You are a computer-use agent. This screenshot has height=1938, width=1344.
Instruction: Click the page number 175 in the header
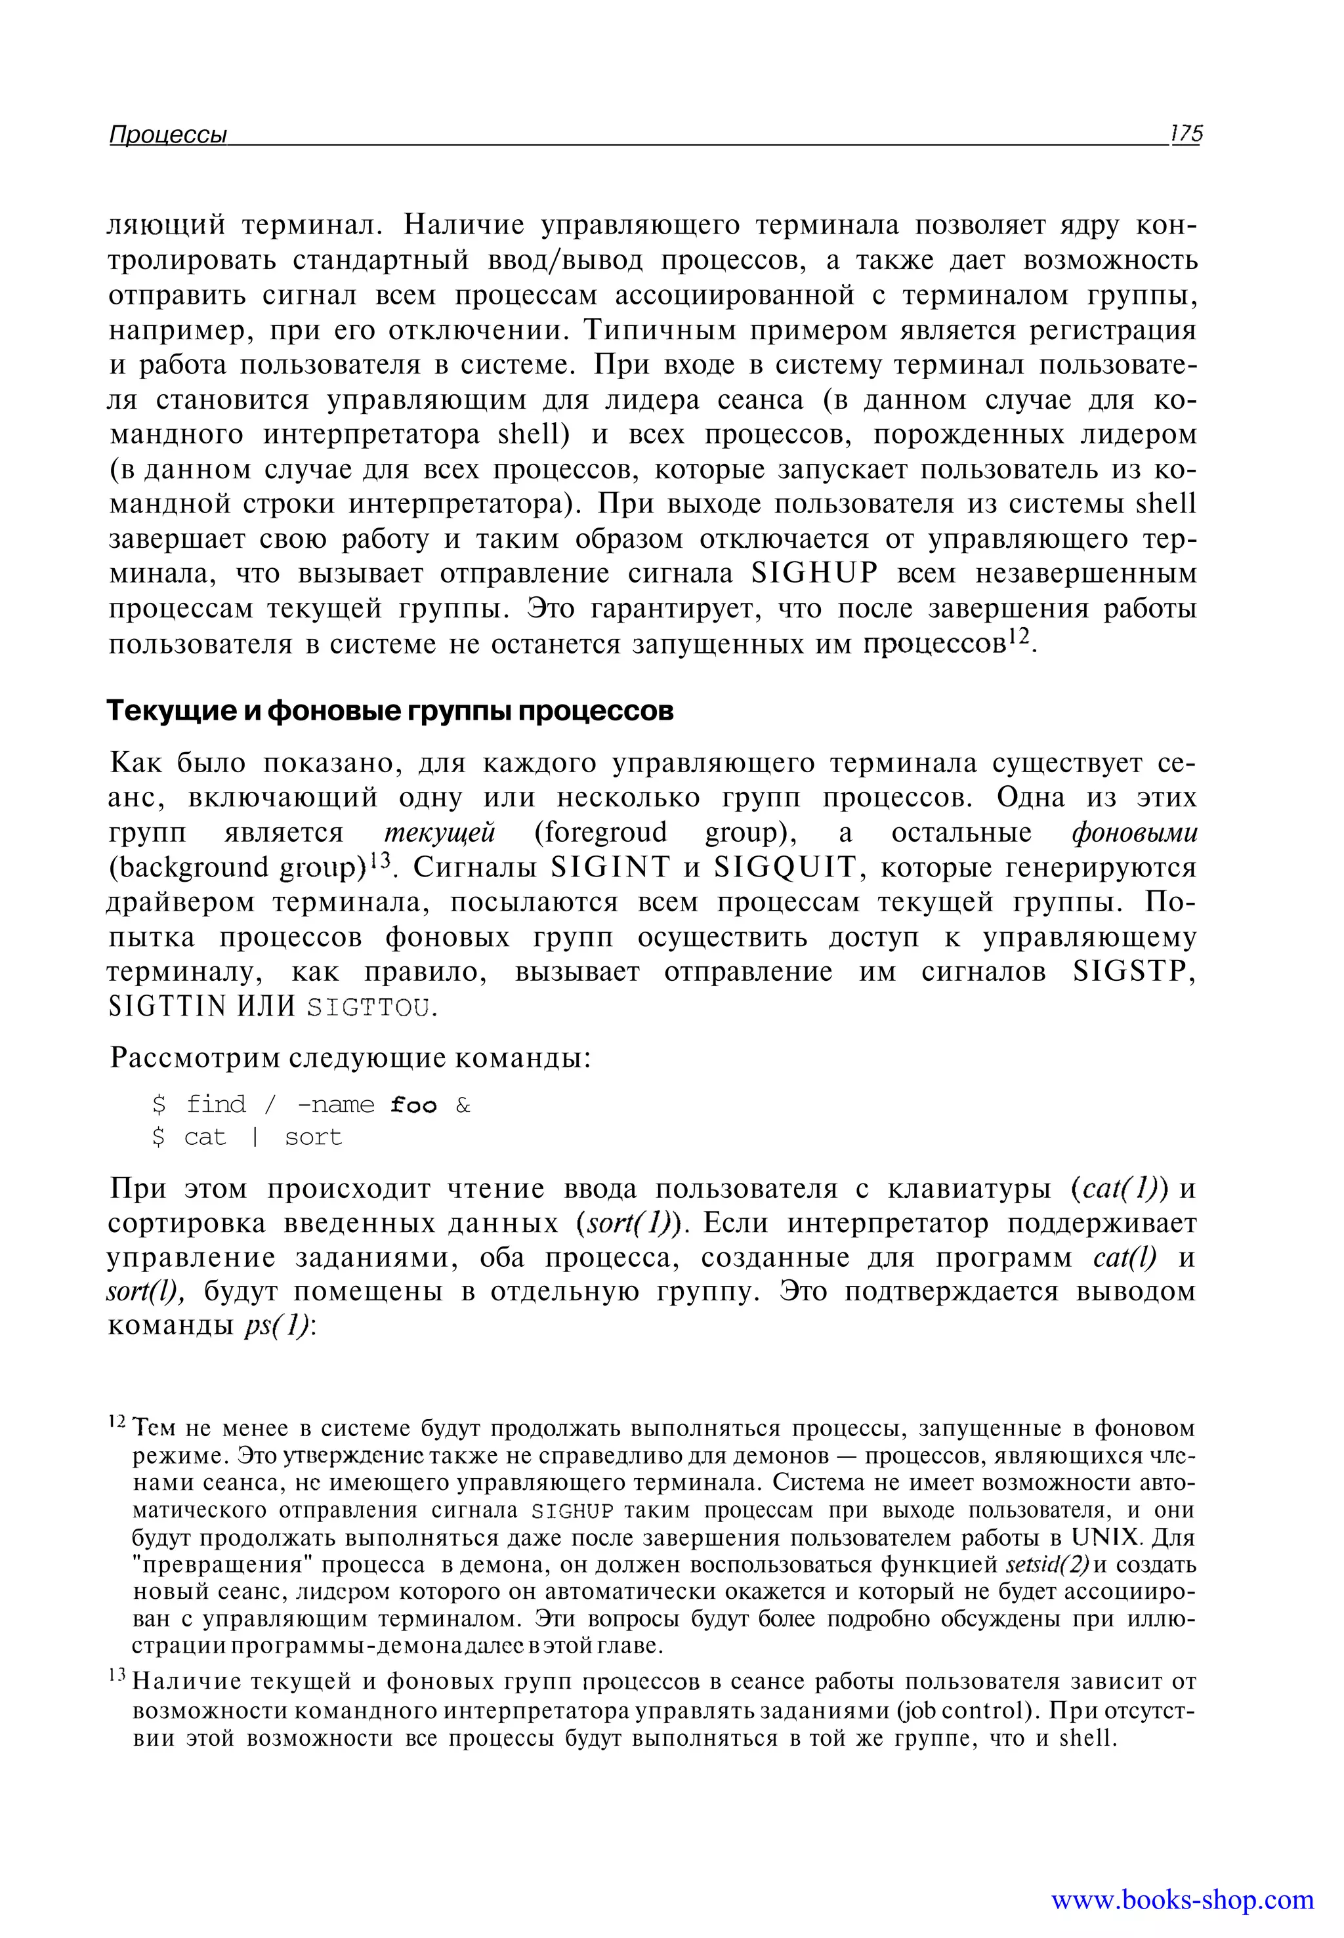pos(1186,134)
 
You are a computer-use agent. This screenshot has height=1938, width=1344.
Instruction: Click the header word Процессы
pos(169,134)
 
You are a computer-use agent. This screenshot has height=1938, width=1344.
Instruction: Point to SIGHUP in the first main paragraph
pos(814,573)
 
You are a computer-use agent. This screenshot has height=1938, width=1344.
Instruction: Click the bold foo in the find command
pos(413,1105)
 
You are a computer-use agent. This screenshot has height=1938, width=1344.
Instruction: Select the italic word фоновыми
pos(1134,833)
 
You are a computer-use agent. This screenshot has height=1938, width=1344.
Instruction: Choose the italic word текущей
pos(440,833)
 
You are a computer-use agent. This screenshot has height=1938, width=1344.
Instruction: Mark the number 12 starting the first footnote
pos(118,1423)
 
